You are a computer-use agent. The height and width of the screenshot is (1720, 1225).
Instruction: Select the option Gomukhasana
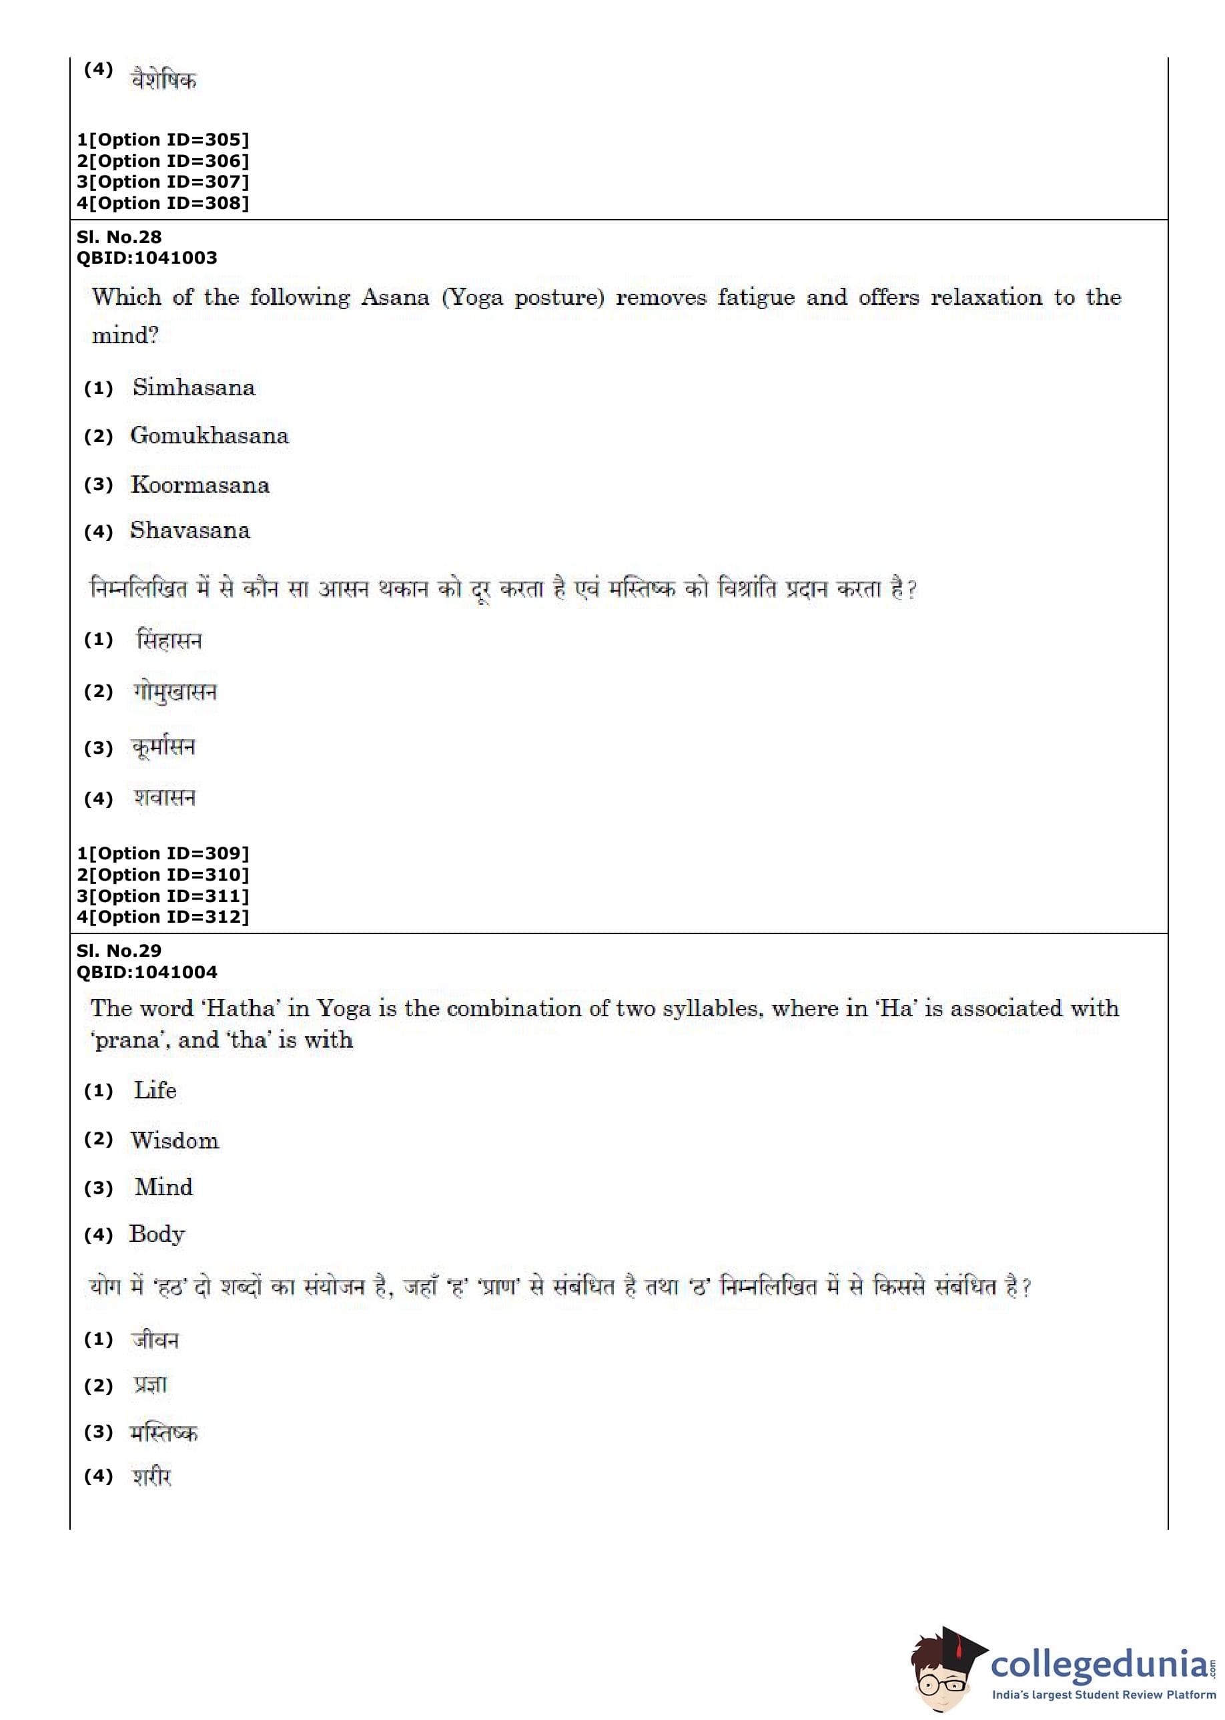pyautogui.click(x=209, y=436)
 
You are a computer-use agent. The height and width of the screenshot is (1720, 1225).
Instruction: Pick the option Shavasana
pyautogui.click(x=189, y=531)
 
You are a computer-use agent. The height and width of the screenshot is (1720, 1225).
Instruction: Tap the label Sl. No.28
pyautogui.click(x=119, y=237)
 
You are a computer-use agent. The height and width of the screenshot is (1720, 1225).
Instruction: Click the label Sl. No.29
pyautogui.click(x=119, y=951)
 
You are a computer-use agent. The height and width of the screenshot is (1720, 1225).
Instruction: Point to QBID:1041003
pyautogui.click(x=146, y=258)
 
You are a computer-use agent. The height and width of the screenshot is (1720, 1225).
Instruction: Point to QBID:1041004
pyautogui.click(x=146, y=972)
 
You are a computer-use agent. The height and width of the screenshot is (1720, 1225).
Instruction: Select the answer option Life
pyautogui.click(x=155, y=1090)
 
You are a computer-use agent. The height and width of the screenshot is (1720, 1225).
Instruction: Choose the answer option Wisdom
pyautogui.click(x=174, y=1140)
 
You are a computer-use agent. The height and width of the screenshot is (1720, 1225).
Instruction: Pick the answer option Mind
pyautogui.click(x=163, y=1187)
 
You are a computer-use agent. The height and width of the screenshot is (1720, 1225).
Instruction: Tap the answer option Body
pyautogui.click(x=157, y=1234)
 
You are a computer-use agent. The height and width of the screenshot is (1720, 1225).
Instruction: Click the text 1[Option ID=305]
pyautogui.click(x=162, y=140)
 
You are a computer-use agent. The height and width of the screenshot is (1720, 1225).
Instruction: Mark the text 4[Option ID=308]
pyautogui.click(x=162, y=203)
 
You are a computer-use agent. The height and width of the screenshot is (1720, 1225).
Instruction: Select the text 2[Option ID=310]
pyautogui.click(x=162, y=875)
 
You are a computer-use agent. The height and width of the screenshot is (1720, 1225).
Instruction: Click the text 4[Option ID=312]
pyautogui.click(x=162, y=917)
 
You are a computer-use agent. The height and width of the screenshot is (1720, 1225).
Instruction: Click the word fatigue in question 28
pyautogui.click(x=756, y=298)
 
